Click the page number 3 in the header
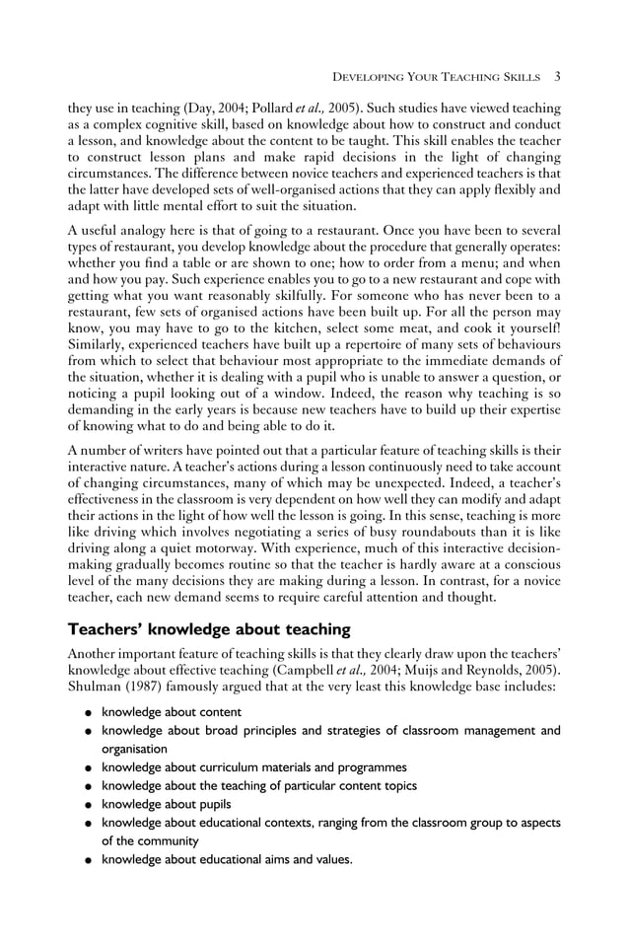[x=557, y=76]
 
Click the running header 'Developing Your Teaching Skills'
[x=438, y=77]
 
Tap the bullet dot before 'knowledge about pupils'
[x=89, y=805]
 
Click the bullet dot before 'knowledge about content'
[x=89, y=713]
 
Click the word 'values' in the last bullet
[x=330, y=860]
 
